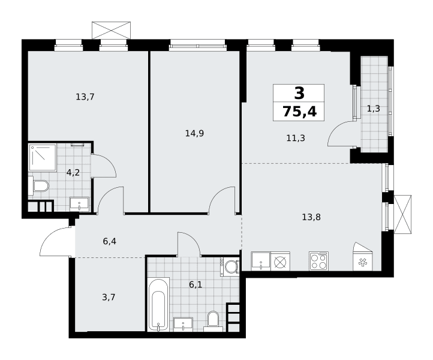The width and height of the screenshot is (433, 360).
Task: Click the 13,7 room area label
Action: click(x=85, y=97)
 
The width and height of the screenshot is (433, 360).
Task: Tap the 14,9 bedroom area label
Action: click(x=194, y=133)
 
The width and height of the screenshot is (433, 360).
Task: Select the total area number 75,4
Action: click(x=300, y=112)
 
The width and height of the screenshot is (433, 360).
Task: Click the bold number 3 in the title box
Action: click(x=299, y=93)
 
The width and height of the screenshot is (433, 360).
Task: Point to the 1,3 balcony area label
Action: click(x=374, y=109)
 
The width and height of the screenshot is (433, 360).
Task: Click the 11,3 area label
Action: click(x=296, y=137)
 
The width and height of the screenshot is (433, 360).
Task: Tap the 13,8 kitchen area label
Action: click(x=311, y=217)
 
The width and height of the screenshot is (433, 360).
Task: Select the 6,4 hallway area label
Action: click(x=110, y=241)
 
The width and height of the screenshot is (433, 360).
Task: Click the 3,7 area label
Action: click(x=109, y=298)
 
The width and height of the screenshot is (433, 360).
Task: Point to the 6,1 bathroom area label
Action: click(x=196, y=284)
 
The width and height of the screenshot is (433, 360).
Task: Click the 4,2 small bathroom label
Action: click(x=73, y=173)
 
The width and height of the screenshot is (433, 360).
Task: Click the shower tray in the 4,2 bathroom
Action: click(x=43, y=157)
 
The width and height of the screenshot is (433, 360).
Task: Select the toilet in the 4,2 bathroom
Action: click(x=38, y=185)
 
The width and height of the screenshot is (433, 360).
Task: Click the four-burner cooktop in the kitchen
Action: click(x=318, y=261)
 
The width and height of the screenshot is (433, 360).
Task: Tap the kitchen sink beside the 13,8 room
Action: click(x=261, y=261)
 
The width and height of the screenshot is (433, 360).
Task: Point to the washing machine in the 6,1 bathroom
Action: click(x=230, y=267)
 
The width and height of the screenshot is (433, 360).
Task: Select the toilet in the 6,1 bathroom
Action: click(x=213, y=322)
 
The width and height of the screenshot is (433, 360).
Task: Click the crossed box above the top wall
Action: click(x=111, y=30)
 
